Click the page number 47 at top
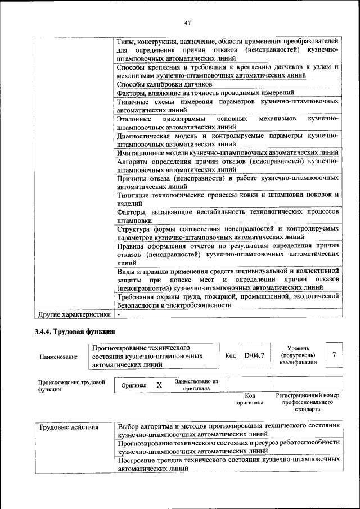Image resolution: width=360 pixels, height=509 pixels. (187, 22)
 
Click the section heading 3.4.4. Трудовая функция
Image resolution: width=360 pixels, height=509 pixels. (75, 331)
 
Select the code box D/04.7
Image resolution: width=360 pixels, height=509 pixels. (254, 355)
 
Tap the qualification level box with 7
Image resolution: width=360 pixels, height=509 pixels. (334, 355)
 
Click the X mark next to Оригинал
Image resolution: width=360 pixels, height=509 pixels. (159, 385)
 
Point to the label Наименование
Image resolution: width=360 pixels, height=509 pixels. (58, 357)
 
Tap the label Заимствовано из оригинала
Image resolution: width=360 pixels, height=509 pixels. (196, 385)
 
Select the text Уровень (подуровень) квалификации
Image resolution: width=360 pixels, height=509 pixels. (298, 355)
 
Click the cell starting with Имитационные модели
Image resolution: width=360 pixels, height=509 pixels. (227, 152)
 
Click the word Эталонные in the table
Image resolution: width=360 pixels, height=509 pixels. (134, 119)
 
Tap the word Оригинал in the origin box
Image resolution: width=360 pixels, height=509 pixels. (134, 386)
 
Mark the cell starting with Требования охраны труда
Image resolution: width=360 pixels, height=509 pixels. (227, 300)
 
